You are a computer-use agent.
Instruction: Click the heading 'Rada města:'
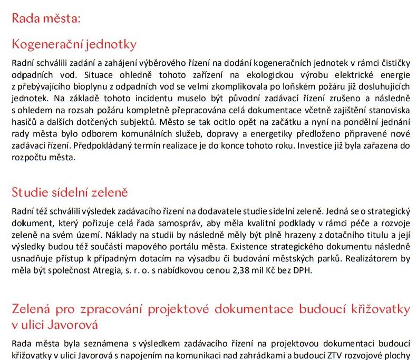pyautogui.click(x=46, y=19)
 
